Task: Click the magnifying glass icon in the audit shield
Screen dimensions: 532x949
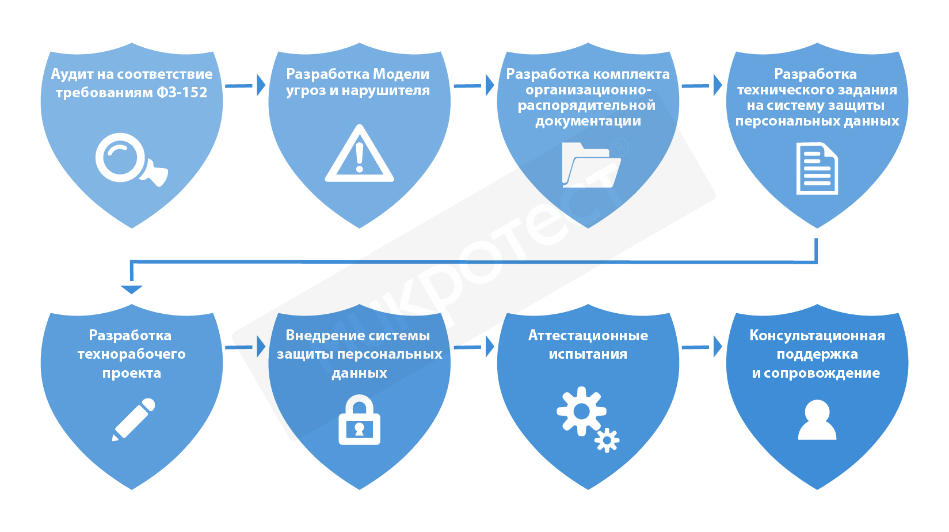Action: tap(128, 158)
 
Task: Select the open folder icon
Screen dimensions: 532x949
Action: tap(590, 166)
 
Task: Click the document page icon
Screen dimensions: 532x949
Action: tap(817, 169)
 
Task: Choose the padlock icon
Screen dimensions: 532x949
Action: tap(359, 420)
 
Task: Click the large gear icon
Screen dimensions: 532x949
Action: tap(581, 411)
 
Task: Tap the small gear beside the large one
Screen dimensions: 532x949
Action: tap(607, 440)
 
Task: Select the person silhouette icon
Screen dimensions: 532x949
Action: tap(817, 420)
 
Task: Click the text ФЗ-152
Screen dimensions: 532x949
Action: tap(181, 93)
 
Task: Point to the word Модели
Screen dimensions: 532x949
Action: tap(401, 74)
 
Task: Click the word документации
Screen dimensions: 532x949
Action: tap(588, 121)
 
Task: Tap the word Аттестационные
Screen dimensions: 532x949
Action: tap(588, 336)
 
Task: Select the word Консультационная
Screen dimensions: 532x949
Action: tap(817, 336)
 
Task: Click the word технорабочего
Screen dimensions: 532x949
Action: tap(132, 354)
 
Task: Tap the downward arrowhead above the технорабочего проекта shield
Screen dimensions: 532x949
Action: tap(132, 289)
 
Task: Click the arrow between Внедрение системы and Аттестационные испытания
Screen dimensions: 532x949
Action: tap(474, 347)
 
